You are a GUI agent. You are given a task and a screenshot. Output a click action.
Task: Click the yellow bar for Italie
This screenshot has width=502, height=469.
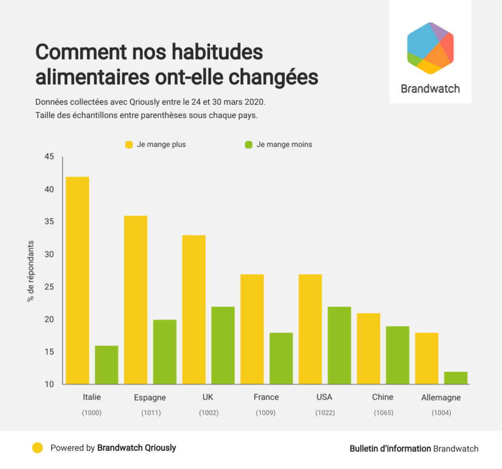(x=77, y=280)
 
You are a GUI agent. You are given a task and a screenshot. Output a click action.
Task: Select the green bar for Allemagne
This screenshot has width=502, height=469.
(x=456, y=378)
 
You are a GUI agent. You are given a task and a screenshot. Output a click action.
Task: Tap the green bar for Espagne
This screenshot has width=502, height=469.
(x=165, y=352)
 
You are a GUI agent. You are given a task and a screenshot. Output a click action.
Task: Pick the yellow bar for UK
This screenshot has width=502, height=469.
(x=194, y=310)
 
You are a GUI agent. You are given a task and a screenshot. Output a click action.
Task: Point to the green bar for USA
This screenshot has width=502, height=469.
(x=340, y=345)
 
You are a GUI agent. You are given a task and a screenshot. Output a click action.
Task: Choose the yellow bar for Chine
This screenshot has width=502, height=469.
(x=369, y=348)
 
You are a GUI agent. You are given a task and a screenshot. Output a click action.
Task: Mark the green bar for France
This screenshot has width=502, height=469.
(x=281, y=358)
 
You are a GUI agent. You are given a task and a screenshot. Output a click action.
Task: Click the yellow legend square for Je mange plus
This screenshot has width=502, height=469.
(x=129, y=145)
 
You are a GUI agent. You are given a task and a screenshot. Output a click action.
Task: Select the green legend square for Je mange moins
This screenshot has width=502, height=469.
(x=249, y=145)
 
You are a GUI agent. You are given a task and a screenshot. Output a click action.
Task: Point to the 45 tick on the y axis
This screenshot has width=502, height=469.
(x=49, y=157)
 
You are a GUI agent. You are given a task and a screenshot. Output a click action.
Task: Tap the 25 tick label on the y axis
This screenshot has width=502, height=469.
(x=49, y=287)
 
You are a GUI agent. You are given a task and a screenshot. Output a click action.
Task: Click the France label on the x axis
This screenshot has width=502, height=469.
(x=266, y=397)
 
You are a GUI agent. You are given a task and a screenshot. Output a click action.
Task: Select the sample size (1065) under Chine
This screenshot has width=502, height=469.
(x=383, y=413)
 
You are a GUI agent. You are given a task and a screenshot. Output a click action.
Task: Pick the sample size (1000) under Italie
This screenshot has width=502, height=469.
(x=92, y=413)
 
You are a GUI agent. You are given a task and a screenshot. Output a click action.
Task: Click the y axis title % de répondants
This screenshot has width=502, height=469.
(x=31, y=271)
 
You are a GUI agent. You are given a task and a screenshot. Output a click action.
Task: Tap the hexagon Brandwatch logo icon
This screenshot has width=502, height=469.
(x=430, y=48)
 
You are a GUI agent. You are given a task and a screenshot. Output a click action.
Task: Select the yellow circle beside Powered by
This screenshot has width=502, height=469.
(x=37, y=448)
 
